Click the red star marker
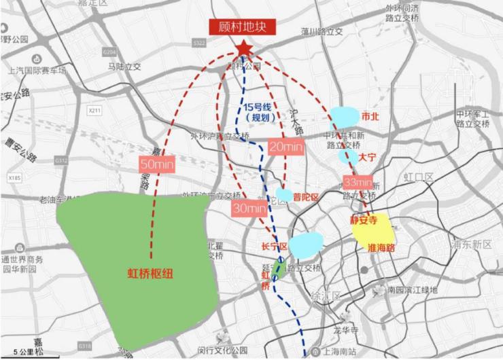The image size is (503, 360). [x=243, y=48]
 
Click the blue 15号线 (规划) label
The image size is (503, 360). [x=258, y=111]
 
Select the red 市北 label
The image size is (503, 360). [x=373, y=115]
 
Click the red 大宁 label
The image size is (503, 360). [x=368, y=157]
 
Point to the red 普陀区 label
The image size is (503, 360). [x=307, y=196]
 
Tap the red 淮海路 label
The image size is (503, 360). [x=381, y=248]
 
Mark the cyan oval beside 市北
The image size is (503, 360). [x=345, y=117]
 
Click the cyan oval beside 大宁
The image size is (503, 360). [x=348, y=157]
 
